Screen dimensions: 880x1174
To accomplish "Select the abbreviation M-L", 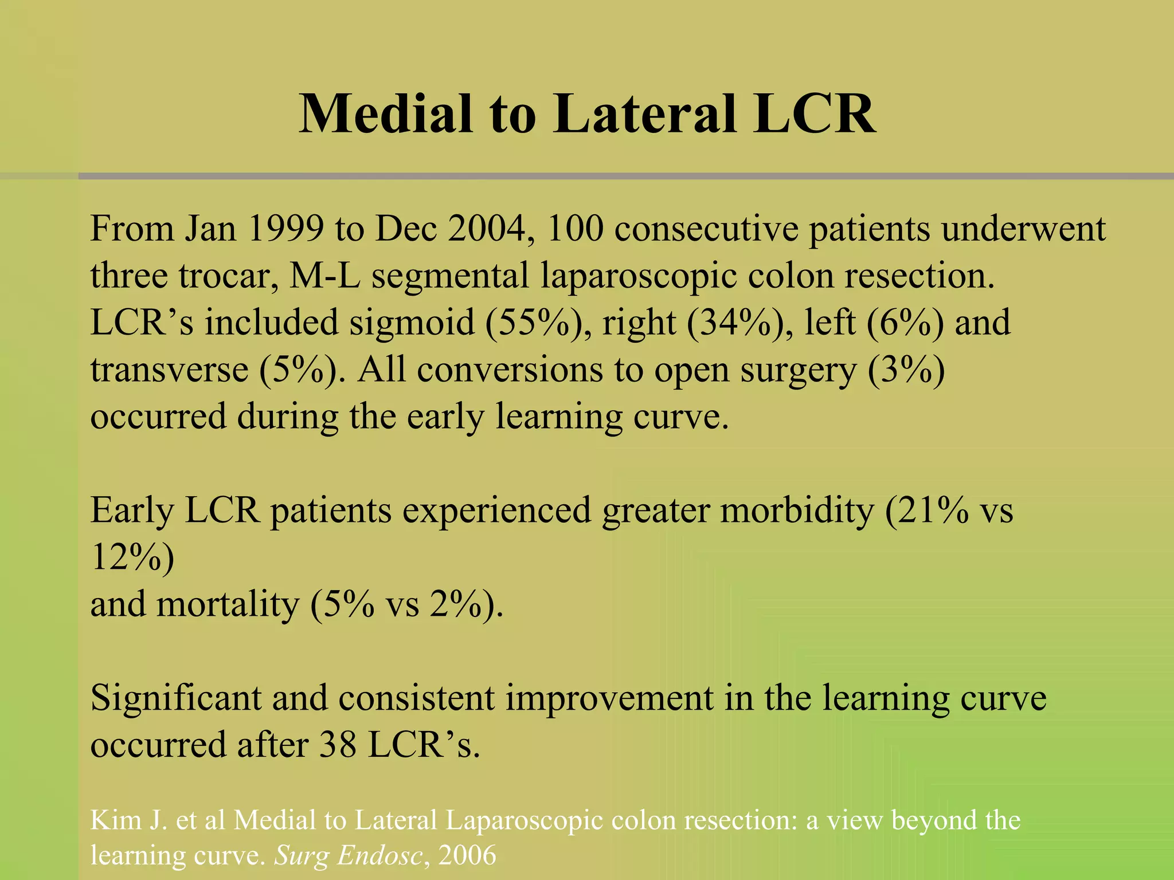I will click(325, 276).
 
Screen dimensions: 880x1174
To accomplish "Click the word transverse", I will click(169, 370).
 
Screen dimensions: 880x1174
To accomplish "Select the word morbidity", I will click(797, 510).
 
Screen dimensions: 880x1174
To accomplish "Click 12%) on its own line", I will click(132, 557).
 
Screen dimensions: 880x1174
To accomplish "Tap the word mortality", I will click(228, 604).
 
